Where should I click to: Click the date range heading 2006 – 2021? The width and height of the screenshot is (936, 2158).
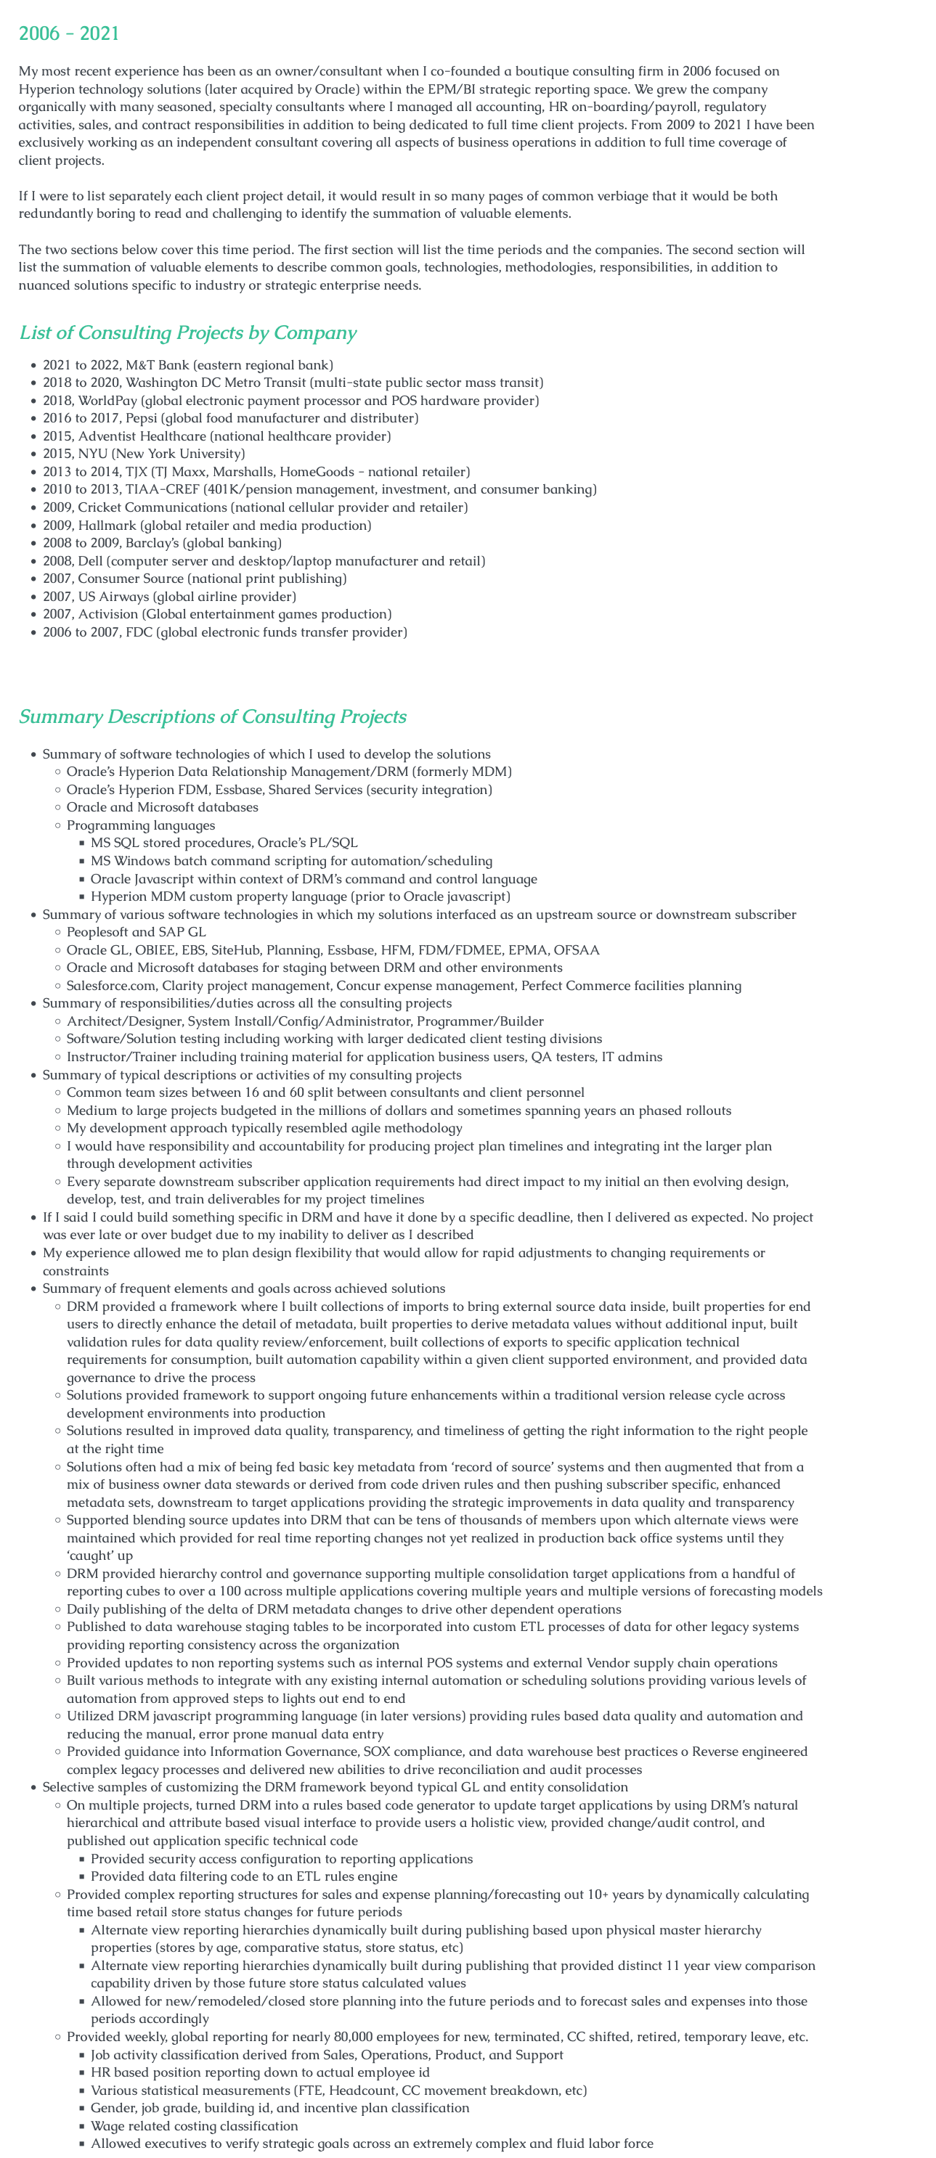coord(69,33)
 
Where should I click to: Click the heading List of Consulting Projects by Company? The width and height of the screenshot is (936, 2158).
coord(187,332)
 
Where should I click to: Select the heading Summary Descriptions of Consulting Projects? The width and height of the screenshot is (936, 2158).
coord(212,716)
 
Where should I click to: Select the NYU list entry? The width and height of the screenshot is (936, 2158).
coord(93,453)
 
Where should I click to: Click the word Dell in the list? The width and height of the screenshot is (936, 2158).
coord(91,561)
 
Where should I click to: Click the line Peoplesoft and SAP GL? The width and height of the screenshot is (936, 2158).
coord(136,931)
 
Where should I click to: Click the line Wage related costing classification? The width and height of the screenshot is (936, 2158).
coord(194,2125)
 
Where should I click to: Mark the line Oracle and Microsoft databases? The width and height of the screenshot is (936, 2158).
coord(162,806)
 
